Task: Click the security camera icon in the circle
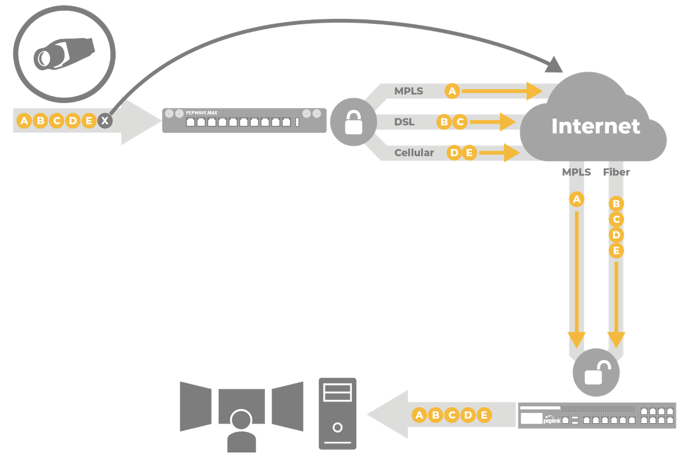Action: tap(64, 54)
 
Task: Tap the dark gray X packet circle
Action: tap(105, 121)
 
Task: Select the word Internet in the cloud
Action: tap(595, 126)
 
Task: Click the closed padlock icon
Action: tap(354, 122)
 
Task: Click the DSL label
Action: tap(404, 122)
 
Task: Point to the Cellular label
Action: tap(414, 153)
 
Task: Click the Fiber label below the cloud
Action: tap(616, 172)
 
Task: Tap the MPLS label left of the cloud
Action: tap(409, 91)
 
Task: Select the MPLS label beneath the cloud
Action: tap(577, 172)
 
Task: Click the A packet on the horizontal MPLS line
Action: tap(453, 91)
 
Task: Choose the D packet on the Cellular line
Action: tap(454, 153)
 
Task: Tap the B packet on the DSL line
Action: tap(444, 122)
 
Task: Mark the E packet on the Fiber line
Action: tap(616, 251)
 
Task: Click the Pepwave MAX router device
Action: tap(243, 120)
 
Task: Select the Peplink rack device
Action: tap(597, 415)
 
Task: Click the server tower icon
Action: tap(338, 413)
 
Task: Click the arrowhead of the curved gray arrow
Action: tap(553, 65)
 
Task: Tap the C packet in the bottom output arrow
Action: tap(452, 415)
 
